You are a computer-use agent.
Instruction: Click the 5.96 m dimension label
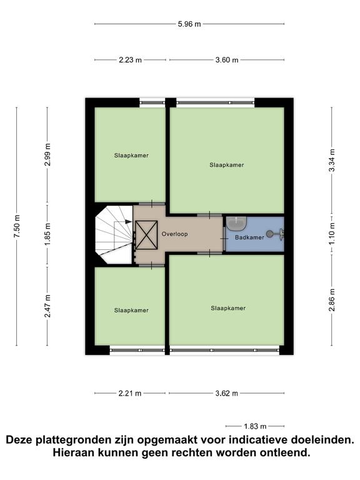[x=189, y=24]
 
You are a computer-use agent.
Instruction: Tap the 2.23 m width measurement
[x=131, y=60]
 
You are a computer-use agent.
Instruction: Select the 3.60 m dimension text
[x=226, y=60]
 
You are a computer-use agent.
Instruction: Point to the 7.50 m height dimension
[x=17, y=226]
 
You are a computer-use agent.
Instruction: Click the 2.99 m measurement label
[x=47, y=154]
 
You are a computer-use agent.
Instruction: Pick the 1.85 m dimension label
[x=47, y=234]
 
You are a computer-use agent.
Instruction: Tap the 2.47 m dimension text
[x=47, y=306]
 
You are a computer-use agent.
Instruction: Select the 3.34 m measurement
[x=332, y=161]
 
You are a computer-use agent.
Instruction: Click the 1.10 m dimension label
[x=332, y=233]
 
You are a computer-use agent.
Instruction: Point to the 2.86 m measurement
[x=332, y=300]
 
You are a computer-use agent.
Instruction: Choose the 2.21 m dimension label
[x=130, y=393]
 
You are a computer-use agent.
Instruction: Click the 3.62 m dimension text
[x=226, y=393]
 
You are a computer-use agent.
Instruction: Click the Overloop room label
[x=175, y=234]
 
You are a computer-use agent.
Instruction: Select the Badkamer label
[x=249, y=237]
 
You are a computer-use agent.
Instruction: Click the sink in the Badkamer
[x=236, y=224]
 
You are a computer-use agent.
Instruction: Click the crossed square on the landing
[x=146, y=235]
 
